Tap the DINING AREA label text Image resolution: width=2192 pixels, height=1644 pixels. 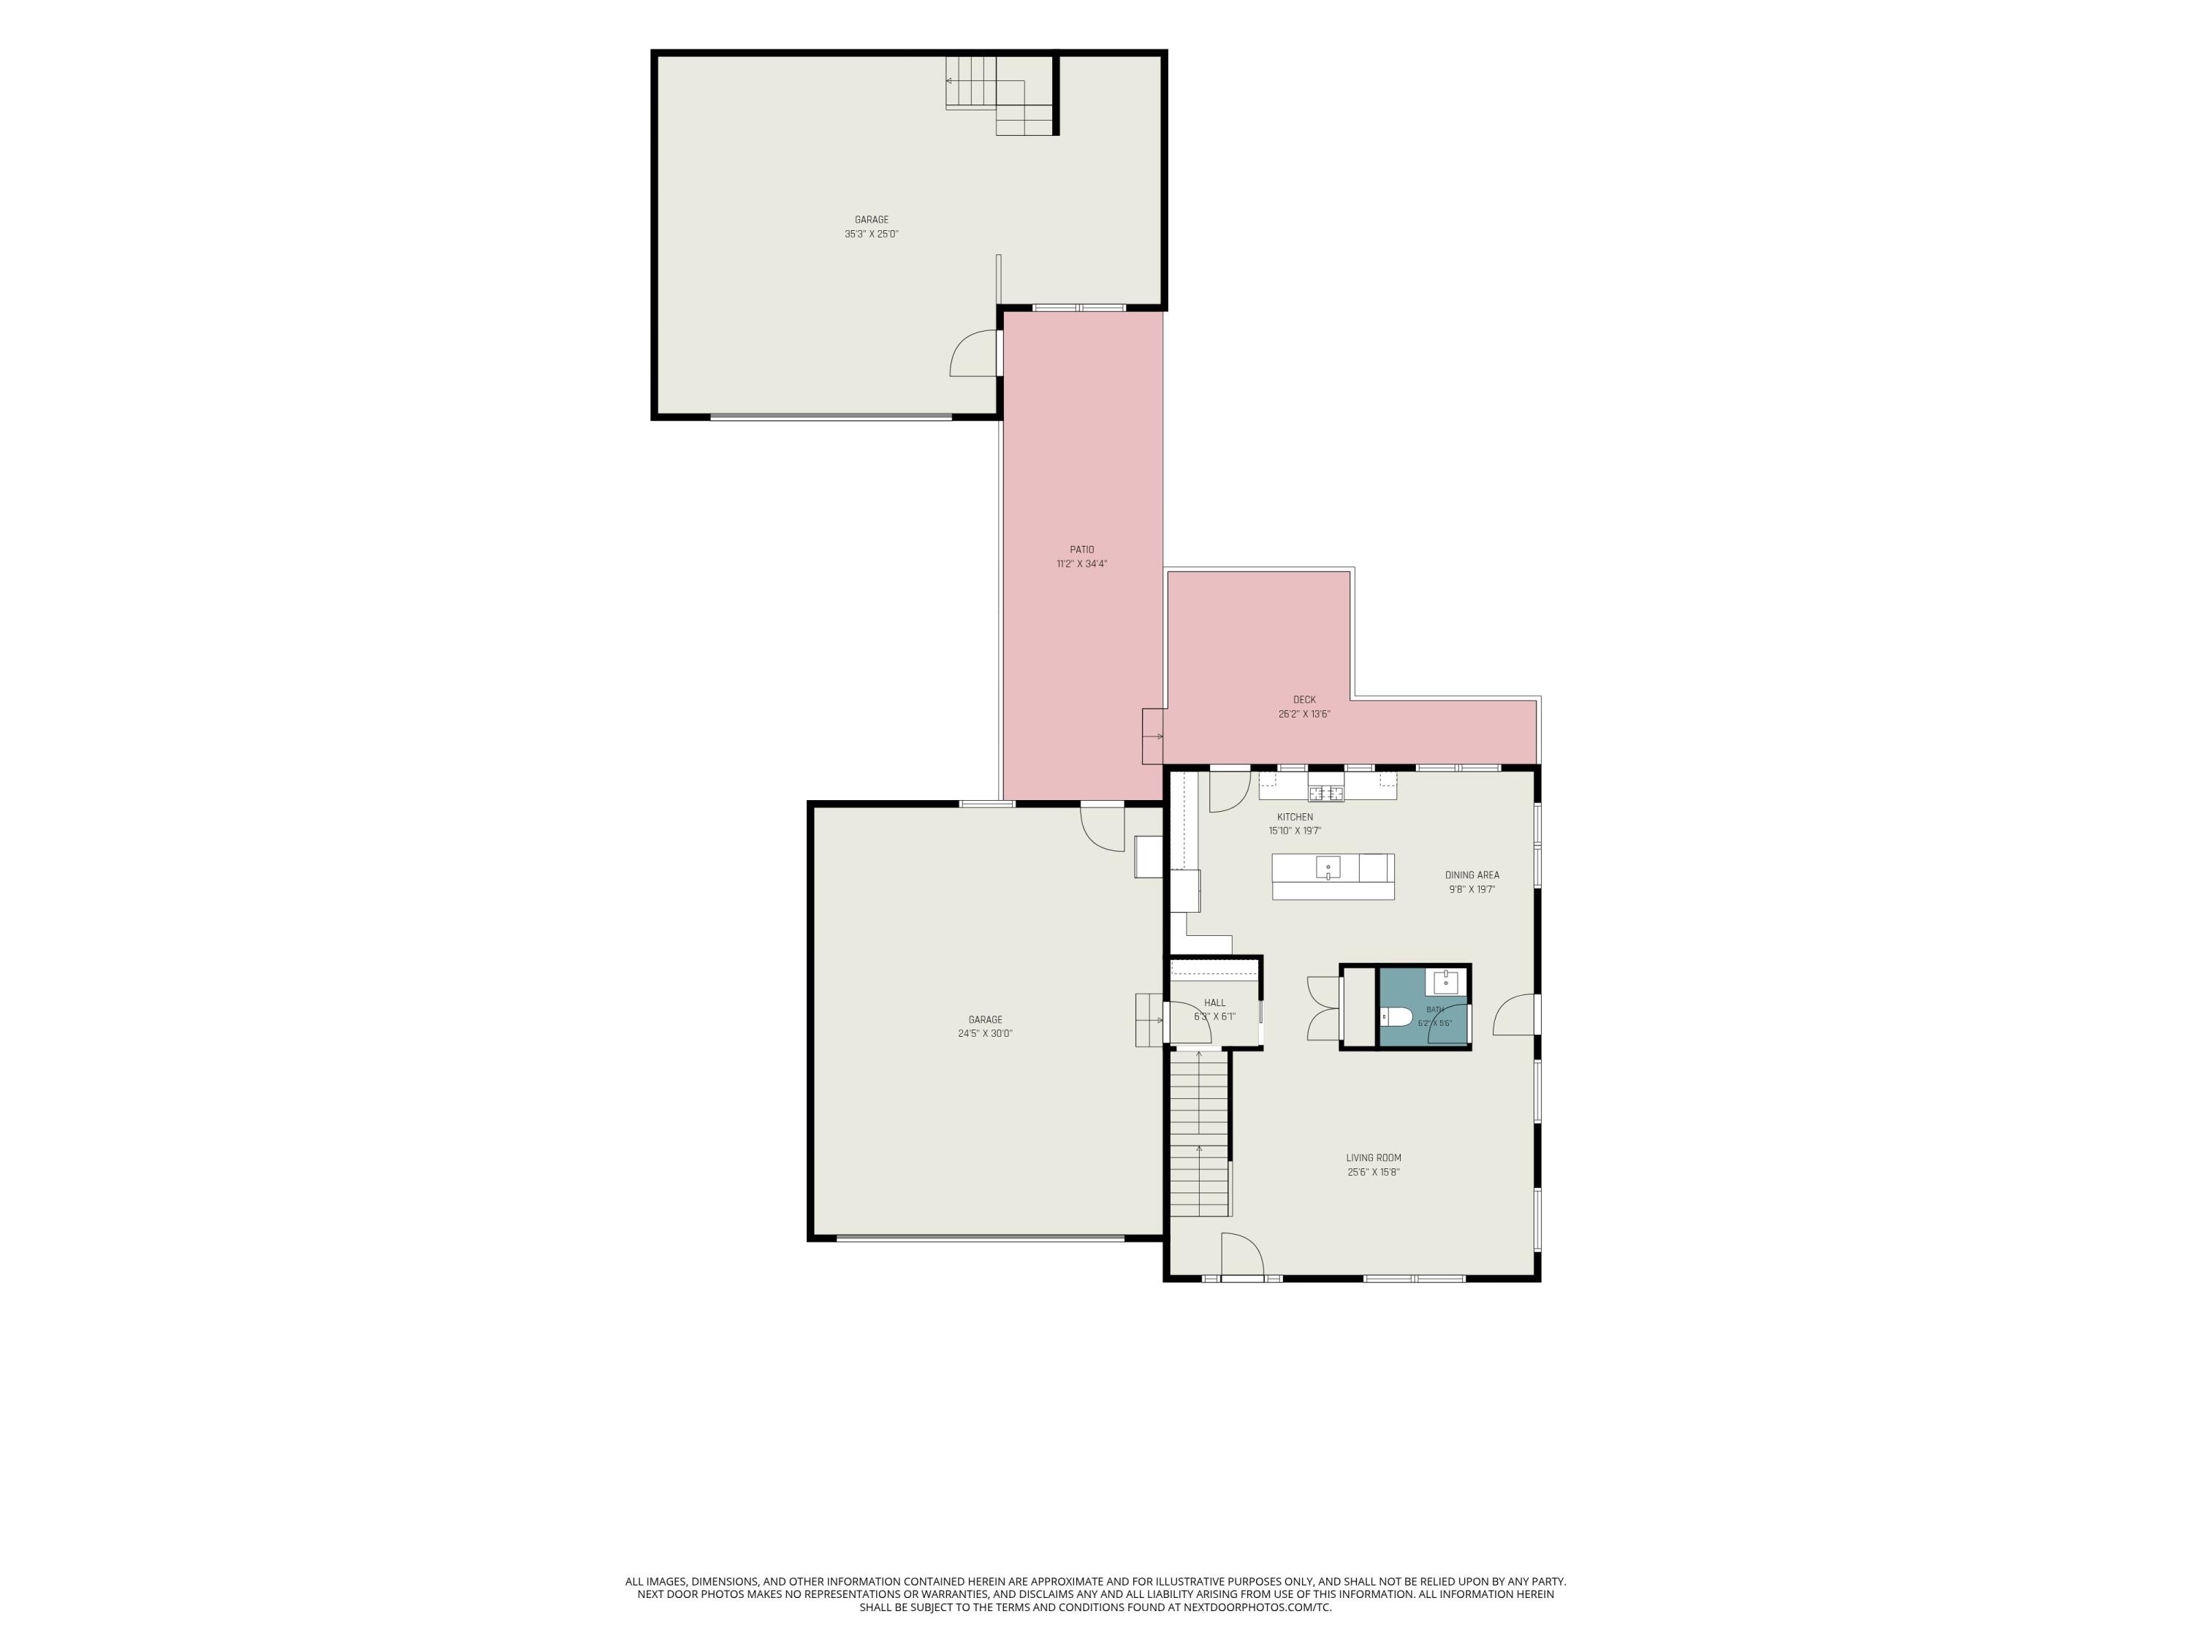point(1472,875)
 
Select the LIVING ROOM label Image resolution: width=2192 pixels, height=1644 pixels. point(1374,1157)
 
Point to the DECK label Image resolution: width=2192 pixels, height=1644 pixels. point(1304,700)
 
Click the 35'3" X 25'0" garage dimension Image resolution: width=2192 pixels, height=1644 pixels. point(871,234)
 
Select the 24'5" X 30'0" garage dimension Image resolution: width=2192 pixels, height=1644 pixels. point(985,1034)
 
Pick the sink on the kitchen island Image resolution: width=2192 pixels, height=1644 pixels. point(1328,868)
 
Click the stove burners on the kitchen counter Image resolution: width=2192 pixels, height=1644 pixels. point(1326,793)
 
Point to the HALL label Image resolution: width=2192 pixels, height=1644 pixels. point(1215,1003)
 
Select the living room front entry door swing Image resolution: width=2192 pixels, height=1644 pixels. point(1243,1255)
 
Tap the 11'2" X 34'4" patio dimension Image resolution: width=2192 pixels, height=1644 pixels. point(1082,564)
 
